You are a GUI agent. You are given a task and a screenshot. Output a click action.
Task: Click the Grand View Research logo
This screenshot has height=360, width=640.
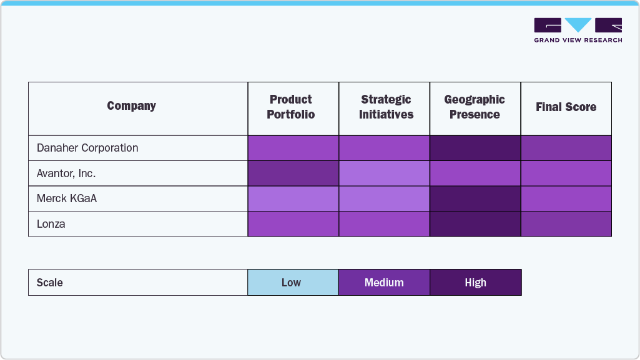point(578,29)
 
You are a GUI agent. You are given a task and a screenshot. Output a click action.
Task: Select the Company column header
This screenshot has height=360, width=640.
point(131,106)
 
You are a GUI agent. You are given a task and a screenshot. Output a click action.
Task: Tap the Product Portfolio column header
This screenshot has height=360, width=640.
point(291,107)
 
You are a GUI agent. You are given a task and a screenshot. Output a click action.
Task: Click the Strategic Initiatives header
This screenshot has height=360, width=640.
point(386,107)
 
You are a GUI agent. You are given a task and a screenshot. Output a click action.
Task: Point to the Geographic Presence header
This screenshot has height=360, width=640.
point(475,107)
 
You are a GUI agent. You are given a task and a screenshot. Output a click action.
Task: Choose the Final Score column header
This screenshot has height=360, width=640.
point(566,107)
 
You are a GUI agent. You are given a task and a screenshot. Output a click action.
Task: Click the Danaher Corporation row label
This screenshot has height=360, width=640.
point(87,148)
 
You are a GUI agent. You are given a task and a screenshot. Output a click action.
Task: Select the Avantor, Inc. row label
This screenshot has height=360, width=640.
point(66,173)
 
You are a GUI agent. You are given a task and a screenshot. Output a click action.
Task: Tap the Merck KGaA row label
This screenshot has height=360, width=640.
point(67,198)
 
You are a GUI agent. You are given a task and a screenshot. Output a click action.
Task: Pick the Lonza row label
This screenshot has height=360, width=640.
point(51,224)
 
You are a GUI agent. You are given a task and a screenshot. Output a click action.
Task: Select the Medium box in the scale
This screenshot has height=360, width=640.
point(384,283)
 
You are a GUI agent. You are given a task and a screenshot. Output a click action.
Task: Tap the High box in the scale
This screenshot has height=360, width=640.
point(475,283)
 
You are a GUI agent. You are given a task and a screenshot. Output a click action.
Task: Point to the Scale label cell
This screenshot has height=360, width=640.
point(50,283)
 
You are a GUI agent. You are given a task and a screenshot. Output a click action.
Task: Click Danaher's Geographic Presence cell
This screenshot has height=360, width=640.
point(475,148)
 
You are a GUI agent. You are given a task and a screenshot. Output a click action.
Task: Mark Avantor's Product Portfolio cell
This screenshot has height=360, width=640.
point(293,173)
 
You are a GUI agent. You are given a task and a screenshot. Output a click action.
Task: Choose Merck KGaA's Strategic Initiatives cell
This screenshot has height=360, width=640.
point(384,198)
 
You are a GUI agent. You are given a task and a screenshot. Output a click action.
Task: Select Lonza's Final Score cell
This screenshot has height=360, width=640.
point(566,224)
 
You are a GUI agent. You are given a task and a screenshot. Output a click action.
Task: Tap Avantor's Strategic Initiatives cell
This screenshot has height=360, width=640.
point(384,173)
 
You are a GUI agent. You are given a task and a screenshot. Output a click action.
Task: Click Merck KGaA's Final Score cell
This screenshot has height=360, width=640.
point(566,198)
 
